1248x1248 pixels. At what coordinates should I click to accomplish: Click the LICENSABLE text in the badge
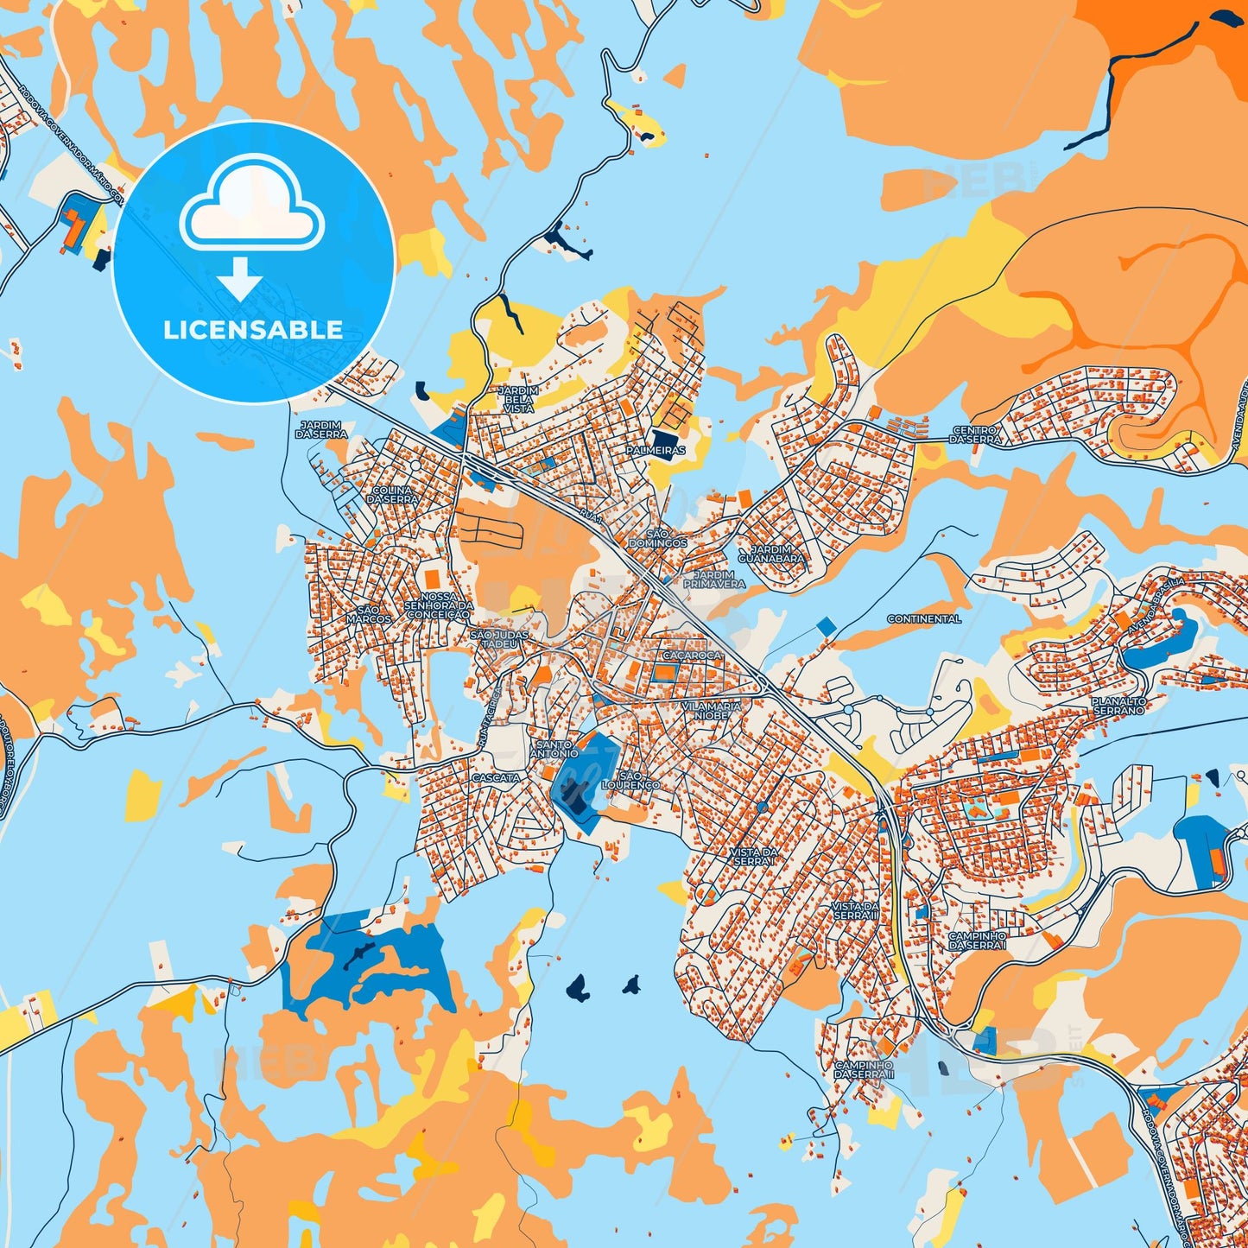pos(253,330)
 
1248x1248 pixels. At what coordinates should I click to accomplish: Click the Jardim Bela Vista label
pos(518,399)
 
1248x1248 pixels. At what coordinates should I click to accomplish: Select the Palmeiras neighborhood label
pos(656,450)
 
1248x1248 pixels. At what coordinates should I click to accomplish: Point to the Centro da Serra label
pos(975,434)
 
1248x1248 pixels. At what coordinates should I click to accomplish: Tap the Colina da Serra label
pos(393,494)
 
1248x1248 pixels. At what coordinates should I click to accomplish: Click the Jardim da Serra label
pos(320,429)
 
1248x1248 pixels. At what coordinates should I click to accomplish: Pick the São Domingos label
pos(658,538)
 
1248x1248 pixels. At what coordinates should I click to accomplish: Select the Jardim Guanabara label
pos(771,554)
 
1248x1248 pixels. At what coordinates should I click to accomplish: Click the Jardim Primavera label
pos(714,579)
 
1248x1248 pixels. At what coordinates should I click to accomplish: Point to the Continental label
pos(924,619)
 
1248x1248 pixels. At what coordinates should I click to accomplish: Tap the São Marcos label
pos(369,614)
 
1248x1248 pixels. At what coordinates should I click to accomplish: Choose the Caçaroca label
pos(692,656)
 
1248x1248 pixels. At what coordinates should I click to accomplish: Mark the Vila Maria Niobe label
pos(712,711)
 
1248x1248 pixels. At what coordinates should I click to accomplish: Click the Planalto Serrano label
pos(1118,706)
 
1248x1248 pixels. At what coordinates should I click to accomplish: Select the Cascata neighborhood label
pos(496,777)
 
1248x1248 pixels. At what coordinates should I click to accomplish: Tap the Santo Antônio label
pos(554,749)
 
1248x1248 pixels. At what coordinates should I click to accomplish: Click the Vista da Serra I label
pos(754,857)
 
